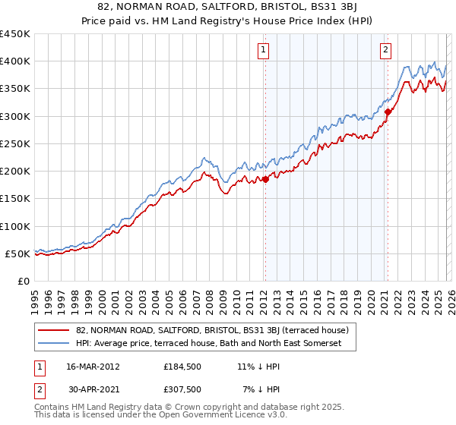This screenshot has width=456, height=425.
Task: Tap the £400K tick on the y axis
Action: point(14,61)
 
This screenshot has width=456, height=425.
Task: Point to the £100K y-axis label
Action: point(14,226)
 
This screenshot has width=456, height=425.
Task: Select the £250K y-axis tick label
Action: point(14,143)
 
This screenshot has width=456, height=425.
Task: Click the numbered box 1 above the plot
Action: point(263,51)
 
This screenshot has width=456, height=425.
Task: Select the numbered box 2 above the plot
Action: point(385,51)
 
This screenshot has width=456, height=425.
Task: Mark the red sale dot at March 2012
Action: point(265,179)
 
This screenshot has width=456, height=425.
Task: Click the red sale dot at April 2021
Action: point(388,112)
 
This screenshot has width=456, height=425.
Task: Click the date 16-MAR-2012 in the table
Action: point(93,367)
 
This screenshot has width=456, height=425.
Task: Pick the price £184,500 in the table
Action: point(181,367)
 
